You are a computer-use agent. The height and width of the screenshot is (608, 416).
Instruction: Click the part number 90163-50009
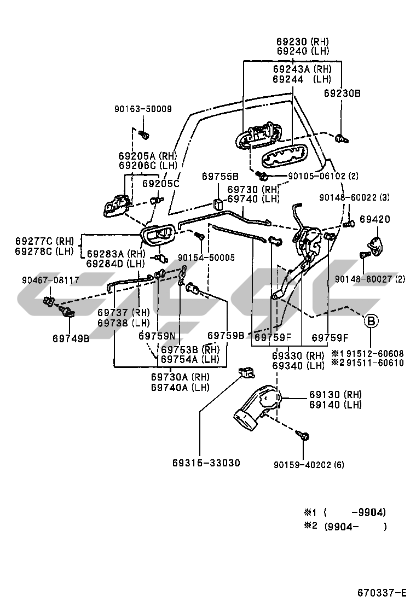coord(143,109)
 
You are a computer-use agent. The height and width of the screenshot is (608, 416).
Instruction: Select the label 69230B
coord(342,93)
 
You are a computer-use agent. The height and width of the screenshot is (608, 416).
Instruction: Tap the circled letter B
coord(371,321)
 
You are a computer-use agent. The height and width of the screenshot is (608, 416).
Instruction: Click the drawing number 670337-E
coord(382,593)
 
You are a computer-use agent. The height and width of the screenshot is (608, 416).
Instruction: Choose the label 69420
coord(375,219)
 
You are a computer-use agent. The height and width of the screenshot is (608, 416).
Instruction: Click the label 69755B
coord(220,176)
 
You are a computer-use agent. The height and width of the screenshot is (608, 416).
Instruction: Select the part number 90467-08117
coord(50,280)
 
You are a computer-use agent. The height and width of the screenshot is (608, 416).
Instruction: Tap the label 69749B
coord(71,338)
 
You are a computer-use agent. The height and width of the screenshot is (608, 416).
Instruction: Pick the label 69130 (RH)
coord(335,394)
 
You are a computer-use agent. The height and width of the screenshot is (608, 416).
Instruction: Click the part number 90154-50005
coord(206,257)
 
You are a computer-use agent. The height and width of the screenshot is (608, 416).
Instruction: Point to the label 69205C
coord(161,183)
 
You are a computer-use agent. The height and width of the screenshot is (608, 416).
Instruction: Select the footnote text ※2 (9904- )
coord(345,527)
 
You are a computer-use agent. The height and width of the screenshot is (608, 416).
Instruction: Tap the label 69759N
coord(157,336)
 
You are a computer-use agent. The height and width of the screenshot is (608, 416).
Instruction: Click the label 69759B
coord(226,335)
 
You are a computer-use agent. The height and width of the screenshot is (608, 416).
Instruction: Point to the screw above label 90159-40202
coord(303,436)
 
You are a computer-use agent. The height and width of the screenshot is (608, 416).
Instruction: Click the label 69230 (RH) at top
coord(302,41)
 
